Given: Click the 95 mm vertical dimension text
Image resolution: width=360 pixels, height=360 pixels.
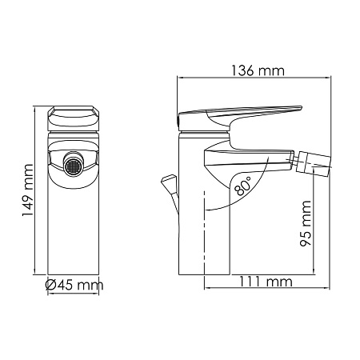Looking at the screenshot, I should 306,227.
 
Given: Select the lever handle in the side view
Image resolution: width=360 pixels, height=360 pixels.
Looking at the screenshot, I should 240,113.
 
